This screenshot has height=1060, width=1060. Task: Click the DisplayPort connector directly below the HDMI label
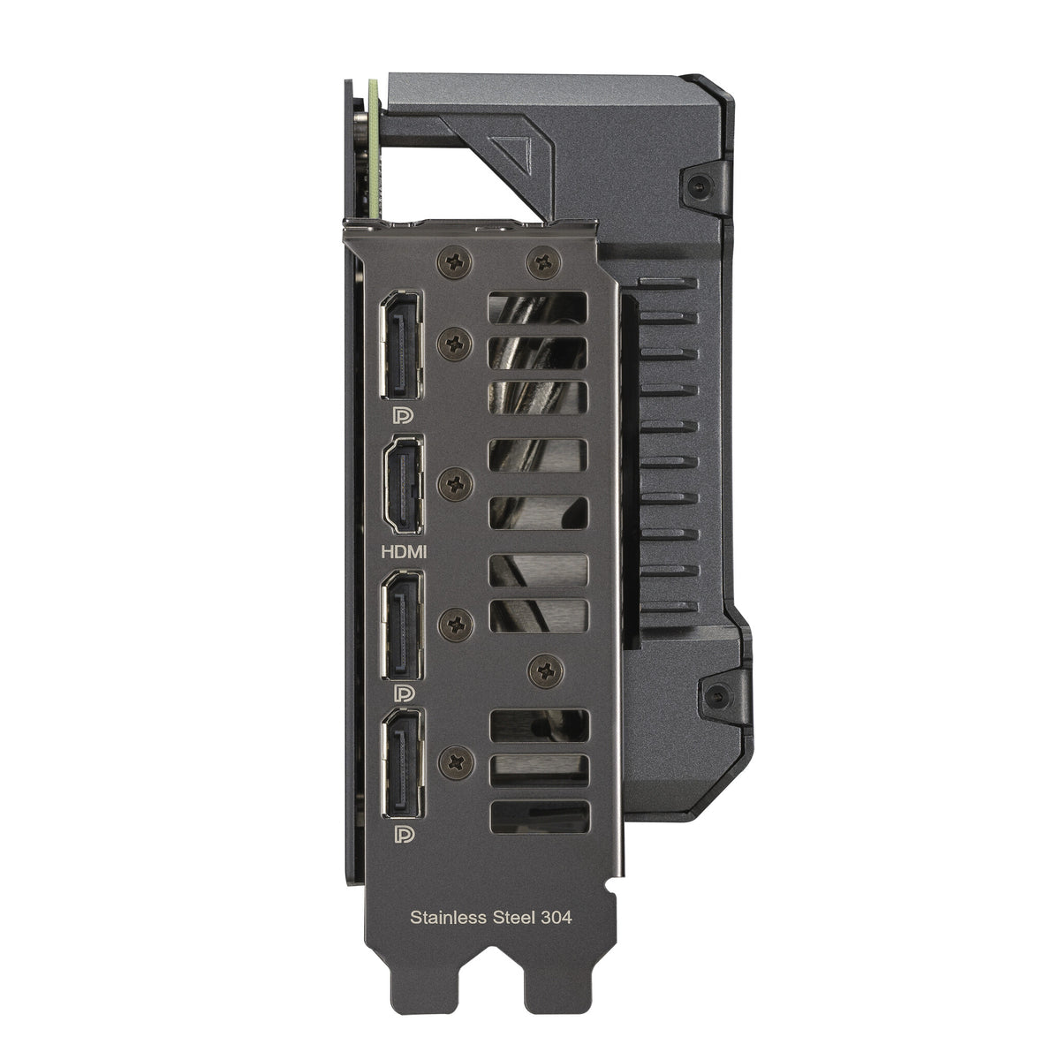402,628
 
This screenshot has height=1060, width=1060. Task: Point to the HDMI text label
403,552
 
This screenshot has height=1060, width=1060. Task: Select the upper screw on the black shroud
699,185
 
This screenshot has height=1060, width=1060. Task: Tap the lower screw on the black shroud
712,694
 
